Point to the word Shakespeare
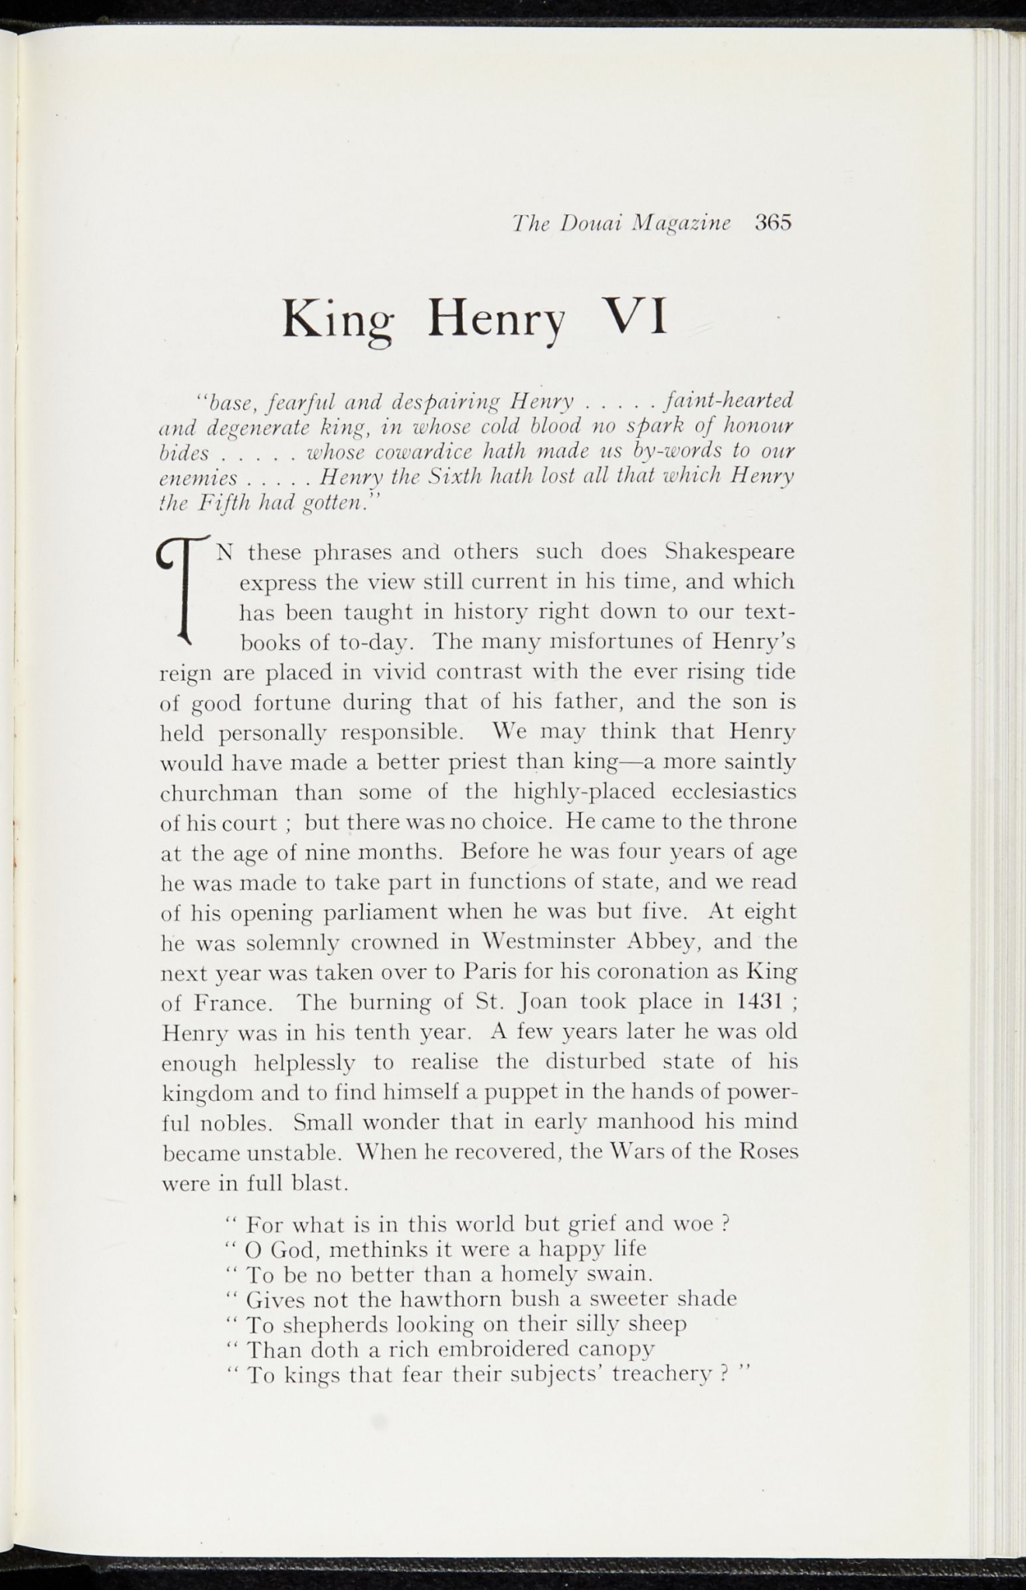click(x=730, y=552)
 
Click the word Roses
click(x=767, y=1152)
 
